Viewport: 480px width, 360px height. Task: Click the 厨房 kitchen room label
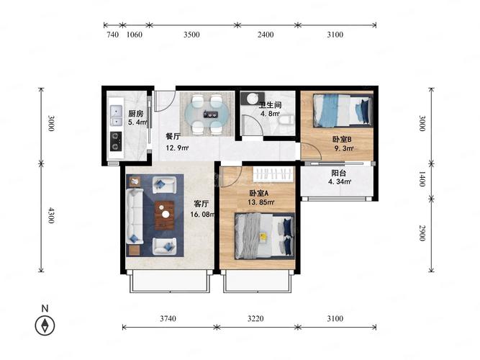point(135,114)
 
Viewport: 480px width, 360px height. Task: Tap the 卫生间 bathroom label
point(270,105)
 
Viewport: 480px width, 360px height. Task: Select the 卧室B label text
point(342,140)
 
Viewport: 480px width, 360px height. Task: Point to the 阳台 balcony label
point(338,173)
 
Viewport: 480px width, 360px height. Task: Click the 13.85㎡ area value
point(261,202)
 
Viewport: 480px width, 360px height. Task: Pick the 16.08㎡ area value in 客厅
point(202,214)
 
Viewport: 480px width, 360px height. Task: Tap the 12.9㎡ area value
point(177,148)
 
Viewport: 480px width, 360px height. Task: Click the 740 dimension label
point(113,35)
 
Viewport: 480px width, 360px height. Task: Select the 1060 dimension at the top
point(135,35)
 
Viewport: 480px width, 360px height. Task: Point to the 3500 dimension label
point(191,35)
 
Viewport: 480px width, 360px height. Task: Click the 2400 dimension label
point(266,35)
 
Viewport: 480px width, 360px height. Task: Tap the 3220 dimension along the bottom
point(255,319)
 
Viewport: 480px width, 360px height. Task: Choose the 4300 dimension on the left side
point(51,215)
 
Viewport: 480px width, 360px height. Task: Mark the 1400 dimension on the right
point(422,179)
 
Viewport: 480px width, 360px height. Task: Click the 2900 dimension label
point(422,233)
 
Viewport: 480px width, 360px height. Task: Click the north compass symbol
point(45,325)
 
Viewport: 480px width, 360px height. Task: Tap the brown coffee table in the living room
point(165,215)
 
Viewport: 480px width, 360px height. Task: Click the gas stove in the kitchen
point(116,141)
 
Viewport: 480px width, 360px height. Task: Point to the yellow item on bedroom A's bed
point(263,237)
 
